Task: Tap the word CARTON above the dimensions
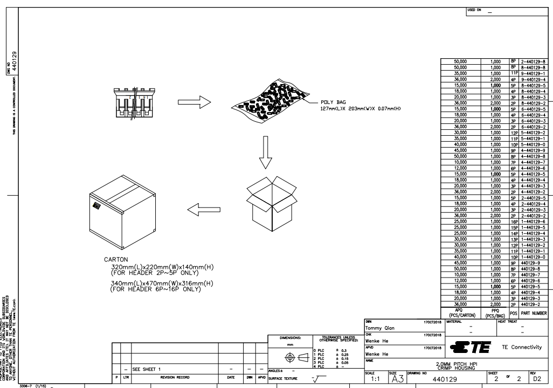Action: (x=116, y=259)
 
